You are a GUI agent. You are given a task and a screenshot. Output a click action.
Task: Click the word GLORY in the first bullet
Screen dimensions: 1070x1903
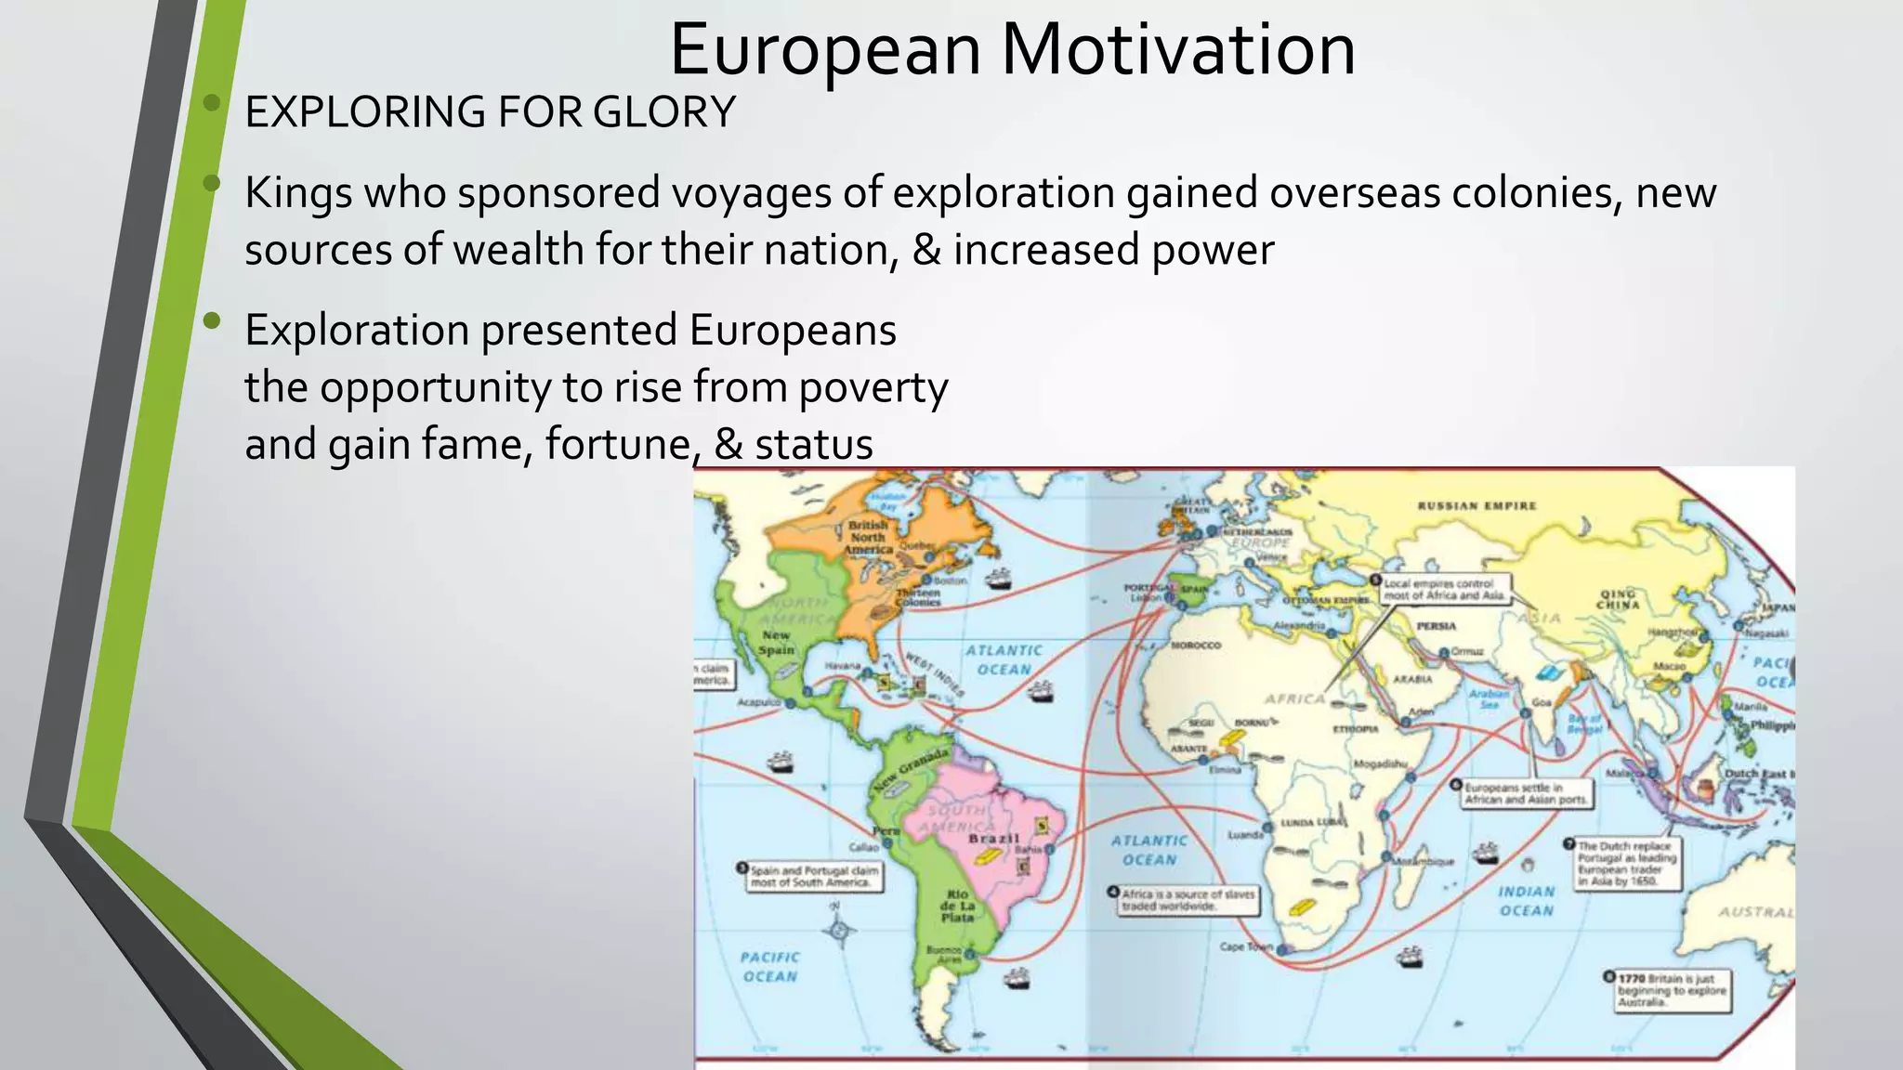pyautogui.click(x=663, y=112)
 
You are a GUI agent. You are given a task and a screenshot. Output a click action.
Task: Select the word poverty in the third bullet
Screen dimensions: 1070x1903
pyautogui.click(x=873, y=387)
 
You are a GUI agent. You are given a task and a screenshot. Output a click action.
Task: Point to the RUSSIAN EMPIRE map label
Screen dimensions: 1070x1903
pyautogui.click(x=1476, y=506)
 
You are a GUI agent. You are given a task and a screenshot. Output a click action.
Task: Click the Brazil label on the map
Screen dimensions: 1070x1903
pyautogui.click(x=993, y=839)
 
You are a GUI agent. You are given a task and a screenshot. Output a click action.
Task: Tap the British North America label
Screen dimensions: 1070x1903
pyautogui.click(x=868, y=538)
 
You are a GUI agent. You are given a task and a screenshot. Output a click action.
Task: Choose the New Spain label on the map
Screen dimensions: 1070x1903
pyautogui.click(x=777, y=643)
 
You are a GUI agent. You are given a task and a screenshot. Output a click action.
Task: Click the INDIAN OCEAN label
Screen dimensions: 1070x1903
pyautogui.click(x=1526, y=901)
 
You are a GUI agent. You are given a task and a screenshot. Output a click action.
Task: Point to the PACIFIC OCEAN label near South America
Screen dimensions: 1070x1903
pyautogui.click(x=769, y=967)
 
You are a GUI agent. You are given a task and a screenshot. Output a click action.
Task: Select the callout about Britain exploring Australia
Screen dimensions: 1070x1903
pyautogui.click(x=1671, y=991)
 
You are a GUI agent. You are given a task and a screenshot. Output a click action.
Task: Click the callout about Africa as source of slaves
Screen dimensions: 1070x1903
pyautogui.click(x=1187, y=900)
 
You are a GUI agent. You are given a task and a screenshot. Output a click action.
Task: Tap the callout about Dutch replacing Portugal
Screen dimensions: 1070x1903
pyautogui.click(x=1626, y=864)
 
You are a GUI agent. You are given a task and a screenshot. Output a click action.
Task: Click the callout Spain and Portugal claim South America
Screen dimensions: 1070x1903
pyautogui.click(x=812, y=877)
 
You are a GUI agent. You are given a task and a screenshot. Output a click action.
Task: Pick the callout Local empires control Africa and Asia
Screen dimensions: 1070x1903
pyautogui.click(x=1443, y=590)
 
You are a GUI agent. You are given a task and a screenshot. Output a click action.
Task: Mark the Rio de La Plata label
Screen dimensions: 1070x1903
pyautogui.click(x=957, y=906)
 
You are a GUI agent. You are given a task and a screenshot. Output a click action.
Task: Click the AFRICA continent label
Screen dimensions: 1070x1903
pyautogui.click(x=1294, y=698)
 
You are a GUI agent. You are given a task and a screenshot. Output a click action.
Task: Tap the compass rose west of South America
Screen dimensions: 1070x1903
pyautogui.click(x=839, y=929)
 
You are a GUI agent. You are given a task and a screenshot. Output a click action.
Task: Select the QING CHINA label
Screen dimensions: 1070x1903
pyautogui.click(x=1618, y=599)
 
